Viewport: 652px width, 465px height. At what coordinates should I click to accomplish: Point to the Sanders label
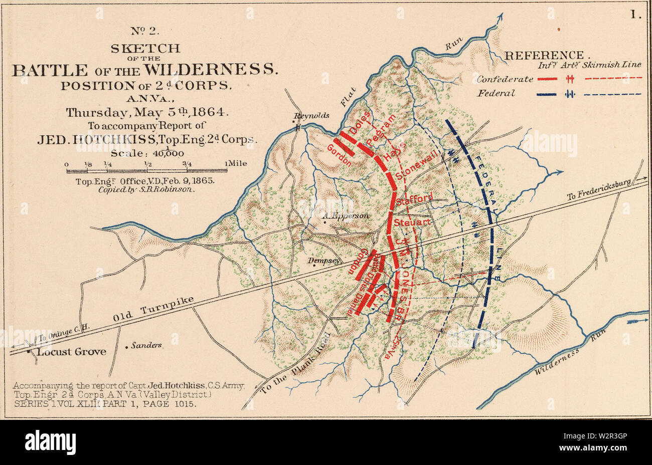(x=147, y=346)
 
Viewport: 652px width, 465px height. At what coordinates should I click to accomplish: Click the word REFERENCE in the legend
(x=544, y=56)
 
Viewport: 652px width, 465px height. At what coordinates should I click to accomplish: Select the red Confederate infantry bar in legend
(x=547, y=79)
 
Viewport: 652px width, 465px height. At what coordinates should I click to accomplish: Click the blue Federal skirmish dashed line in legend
(x=612, y=94)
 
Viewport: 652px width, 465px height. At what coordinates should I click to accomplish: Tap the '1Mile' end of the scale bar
(x=236, y=163)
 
